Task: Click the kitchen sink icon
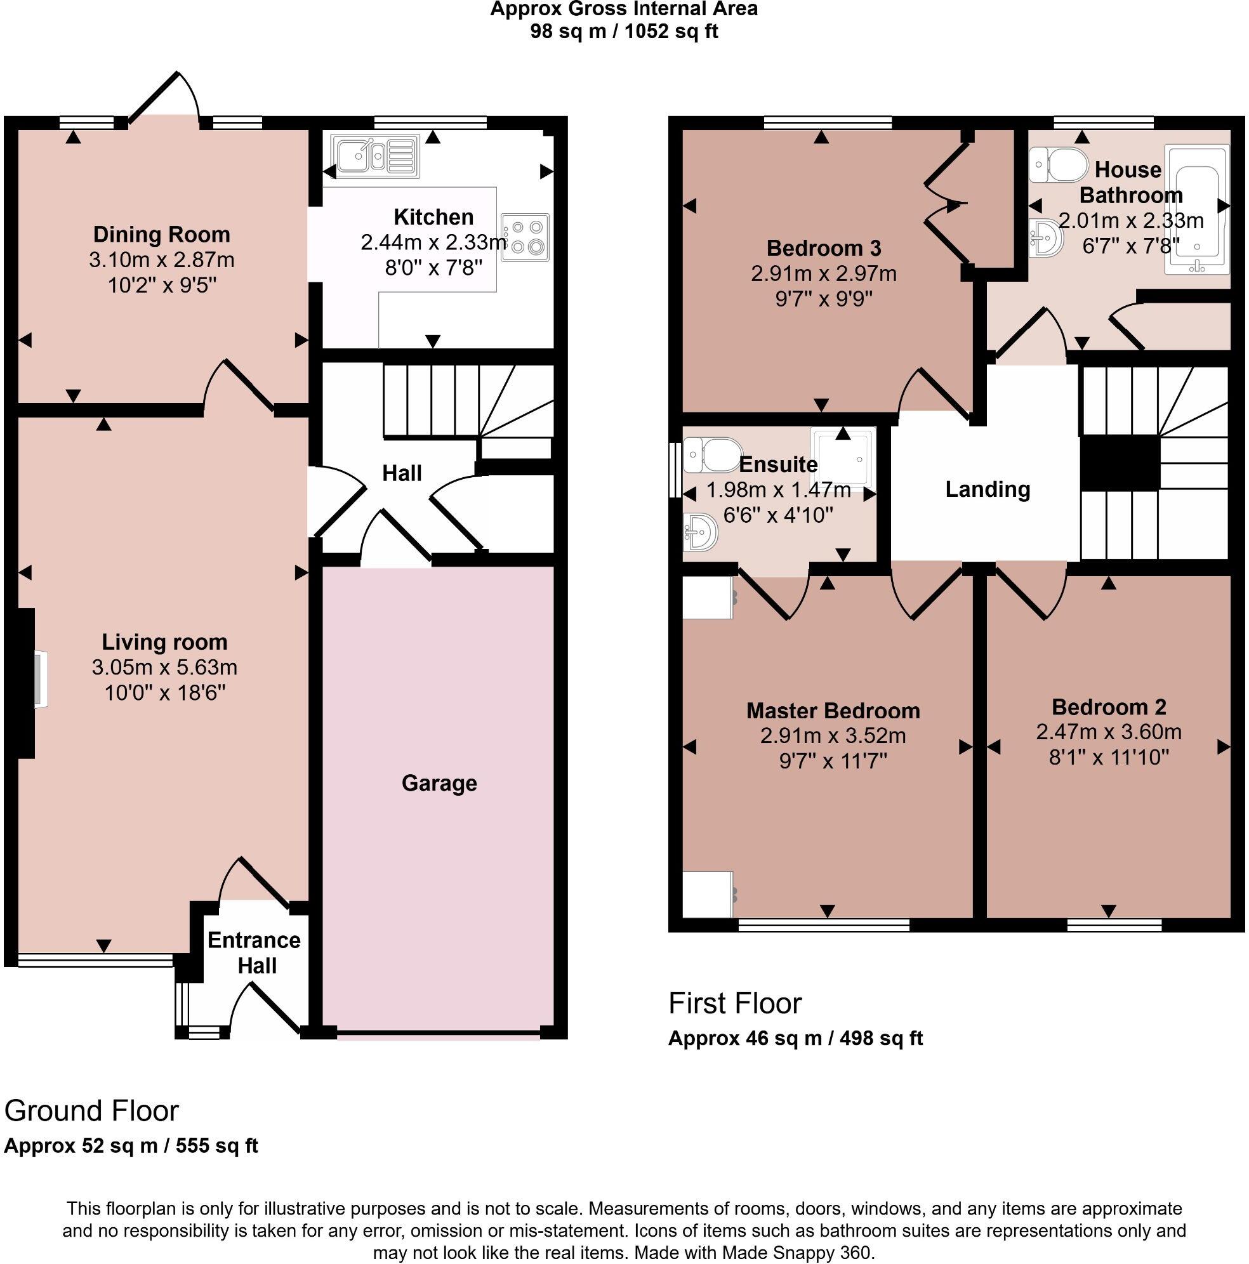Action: [x=374, y=155]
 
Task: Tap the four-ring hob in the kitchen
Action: [x=526, y=237]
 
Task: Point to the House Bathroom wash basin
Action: [x=1045, y=237]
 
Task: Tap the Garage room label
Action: [x=439, y=783]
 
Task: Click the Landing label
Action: [x=987, y=489]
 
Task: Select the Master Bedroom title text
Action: [x=832, y=711]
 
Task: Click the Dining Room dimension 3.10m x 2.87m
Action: [x=162, y=260]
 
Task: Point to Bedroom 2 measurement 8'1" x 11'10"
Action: [x=1108, y=757]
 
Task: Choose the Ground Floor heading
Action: [x=91, y=1110]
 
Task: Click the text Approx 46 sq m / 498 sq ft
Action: [x=795, y=1037]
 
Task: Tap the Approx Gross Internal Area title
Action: [x=623, y=9]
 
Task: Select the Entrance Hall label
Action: [x=254, y=952]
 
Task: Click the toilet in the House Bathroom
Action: [x=1057, y=164]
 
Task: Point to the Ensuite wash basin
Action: [x=700, y=532]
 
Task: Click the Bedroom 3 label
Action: [x=823, y=248]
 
